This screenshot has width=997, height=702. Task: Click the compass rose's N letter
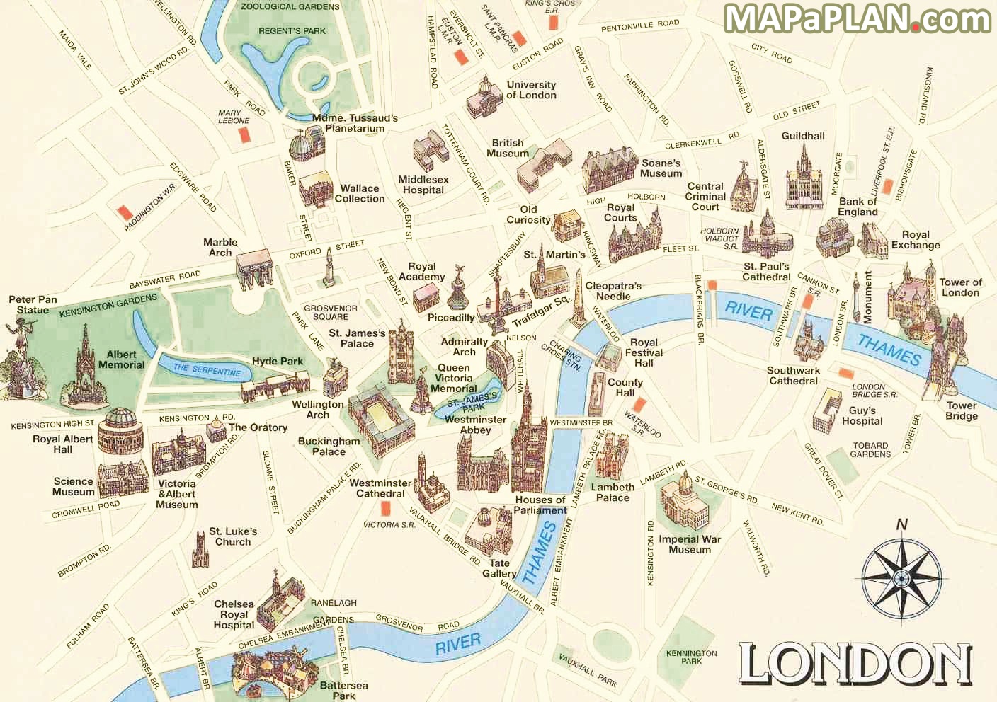(x=901, y=524)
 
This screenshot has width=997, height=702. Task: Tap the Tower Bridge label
(x=961, y=411)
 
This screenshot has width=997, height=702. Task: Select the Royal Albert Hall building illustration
(x=120, y=430)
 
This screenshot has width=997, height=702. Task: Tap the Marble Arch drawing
(x=253, y=269)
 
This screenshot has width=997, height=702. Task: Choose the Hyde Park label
(x=277, y=361)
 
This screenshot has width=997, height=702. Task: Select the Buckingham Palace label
(x=329, y=446)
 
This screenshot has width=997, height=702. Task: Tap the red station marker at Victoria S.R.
(x=386, y=507)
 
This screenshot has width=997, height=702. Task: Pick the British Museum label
(x=507, y=148)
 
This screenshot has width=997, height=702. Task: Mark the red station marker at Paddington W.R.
(x=125, y=212)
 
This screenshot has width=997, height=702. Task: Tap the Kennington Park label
(x=691, y=657)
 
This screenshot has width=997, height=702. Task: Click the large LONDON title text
(x=855, y=664)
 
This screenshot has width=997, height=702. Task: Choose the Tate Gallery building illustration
(x=489, y=531)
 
